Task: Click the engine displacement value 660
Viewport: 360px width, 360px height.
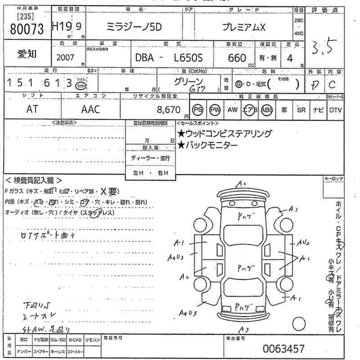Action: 237,58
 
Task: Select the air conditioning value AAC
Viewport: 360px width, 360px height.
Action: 90,109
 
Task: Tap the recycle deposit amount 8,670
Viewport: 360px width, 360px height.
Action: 169,109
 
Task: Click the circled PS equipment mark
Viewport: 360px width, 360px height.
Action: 198,109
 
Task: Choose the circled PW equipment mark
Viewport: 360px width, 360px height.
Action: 216,109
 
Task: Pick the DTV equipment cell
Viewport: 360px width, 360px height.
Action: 335,110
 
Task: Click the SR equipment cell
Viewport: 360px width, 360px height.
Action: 301,110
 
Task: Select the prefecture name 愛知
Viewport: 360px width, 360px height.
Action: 27,54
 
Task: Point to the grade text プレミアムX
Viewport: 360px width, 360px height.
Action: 244,27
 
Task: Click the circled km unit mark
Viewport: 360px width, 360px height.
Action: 81,84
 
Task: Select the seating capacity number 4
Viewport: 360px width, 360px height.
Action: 290,58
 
